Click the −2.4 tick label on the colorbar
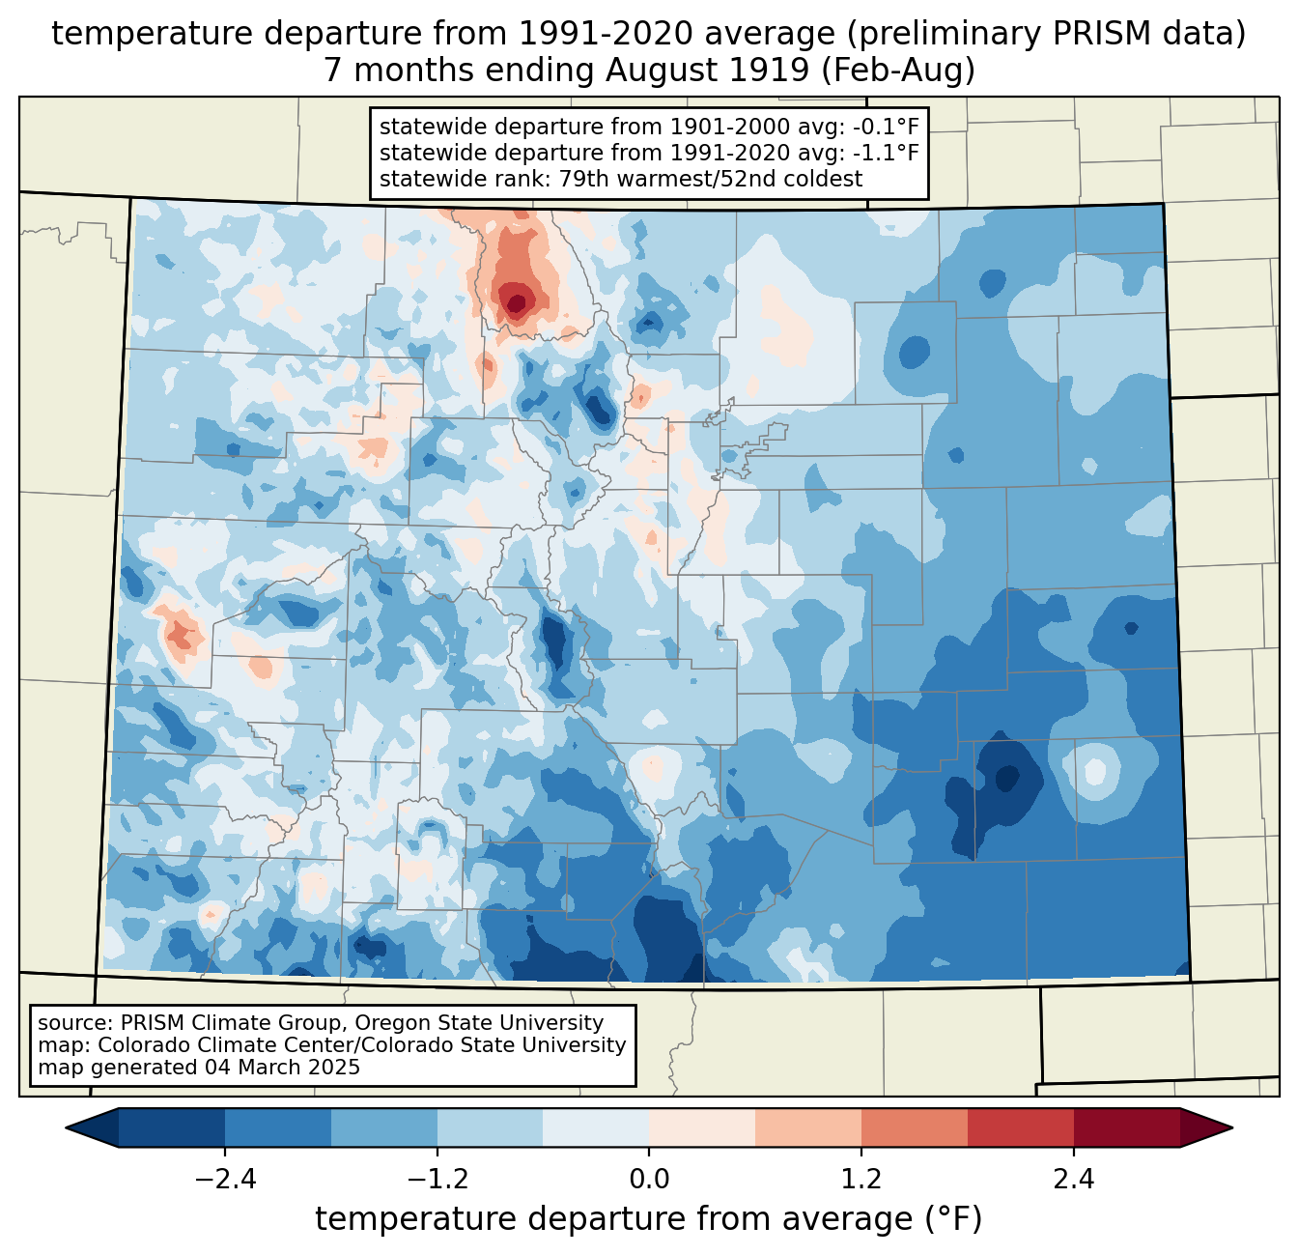[x=224, y=1180]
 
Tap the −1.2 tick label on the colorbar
[x=437, y=1180]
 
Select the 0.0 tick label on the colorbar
[x=649, y=1180]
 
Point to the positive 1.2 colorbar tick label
[x=861, y=1180]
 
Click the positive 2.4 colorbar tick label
[x=1073, y=1180]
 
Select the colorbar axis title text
[x=648, y=1219]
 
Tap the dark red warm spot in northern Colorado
[x=517, y=302]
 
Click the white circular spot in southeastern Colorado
[x=1094, y=771]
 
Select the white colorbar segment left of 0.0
[x=596, y=1127]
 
